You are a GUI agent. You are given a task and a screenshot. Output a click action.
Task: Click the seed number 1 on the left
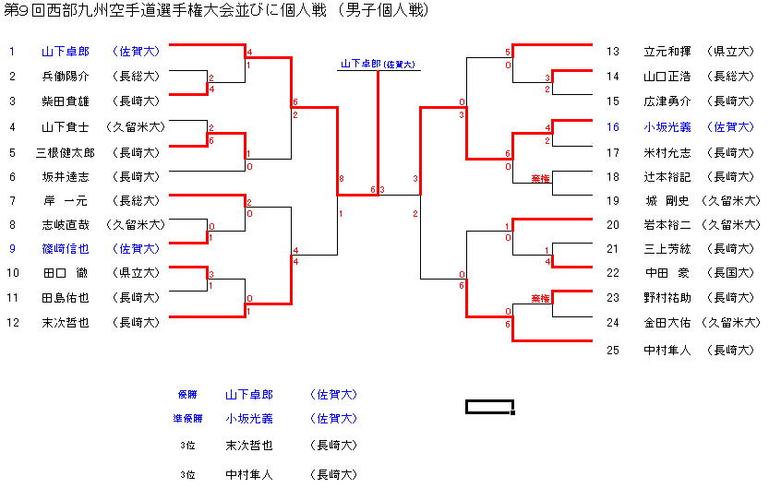tap(12, 52)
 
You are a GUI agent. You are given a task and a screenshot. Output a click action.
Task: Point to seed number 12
tap(12, 322)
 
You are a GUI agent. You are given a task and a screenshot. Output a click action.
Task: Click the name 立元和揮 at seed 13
tap(667, 52)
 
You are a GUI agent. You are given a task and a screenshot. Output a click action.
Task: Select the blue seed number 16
tap(613, 127)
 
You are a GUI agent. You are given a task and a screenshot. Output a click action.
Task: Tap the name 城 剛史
tap(667, 200)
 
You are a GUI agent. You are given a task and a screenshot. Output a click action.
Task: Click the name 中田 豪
tap(667, 272)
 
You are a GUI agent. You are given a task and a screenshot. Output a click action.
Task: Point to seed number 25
tap(613, 350)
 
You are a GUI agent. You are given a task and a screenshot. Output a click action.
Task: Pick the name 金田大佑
tap(667, 322)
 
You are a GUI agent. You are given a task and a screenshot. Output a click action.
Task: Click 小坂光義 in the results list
tap(249, 418)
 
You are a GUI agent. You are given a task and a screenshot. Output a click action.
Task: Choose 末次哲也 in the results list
tap(249, 446)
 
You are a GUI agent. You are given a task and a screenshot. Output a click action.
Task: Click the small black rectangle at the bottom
tap(489, 407)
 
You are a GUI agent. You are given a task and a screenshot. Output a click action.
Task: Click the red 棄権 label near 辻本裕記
tap(540, 176)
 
